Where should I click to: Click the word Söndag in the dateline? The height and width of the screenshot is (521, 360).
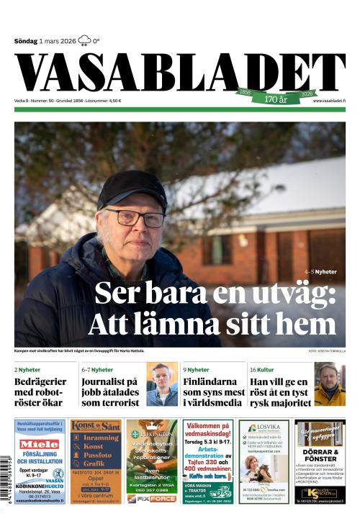26,41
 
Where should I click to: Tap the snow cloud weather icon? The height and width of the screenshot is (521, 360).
84,40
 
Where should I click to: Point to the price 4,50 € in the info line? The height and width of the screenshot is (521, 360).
112,101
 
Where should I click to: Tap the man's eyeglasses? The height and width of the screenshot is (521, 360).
138,218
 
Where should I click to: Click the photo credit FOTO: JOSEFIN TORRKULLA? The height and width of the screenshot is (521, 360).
326,351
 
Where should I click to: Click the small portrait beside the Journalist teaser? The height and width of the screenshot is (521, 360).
162,384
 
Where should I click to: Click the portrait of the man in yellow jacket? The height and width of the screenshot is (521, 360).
330,384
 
